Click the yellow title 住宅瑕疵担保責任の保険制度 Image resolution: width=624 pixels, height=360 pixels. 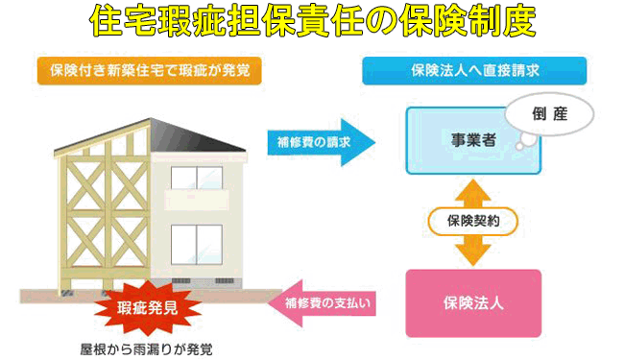(x=311, y=21)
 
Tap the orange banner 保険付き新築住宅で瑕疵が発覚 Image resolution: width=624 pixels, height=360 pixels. (x=149, y=70)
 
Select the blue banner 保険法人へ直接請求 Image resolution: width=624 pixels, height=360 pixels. (x=473, y=70)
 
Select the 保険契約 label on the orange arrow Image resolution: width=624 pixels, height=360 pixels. (x=473, y=221)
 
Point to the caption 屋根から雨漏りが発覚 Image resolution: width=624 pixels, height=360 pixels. (x=146, y=347)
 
